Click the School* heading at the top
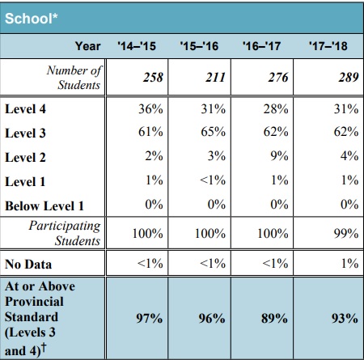32,19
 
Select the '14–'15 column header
137,46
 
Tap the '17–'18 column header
328,46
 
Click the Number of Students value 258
153,78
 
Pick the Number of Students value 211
215,78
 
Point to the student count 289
349,78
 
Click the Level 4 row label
25,109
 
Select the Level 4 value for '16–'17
276,109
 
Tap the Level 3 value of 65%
214,132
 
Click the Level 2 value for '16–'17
279,156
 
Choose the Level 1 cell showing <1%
213,180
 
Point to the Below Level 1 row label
44,206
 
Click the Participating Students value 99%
346,233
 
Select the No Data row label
28,264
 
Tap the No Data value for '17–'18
350,263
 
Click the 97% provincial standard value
150,319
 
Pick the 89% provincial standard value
274,319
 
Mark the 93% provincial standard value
345,319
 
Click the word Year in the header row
88,46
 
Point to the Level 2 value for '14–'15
154,156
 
